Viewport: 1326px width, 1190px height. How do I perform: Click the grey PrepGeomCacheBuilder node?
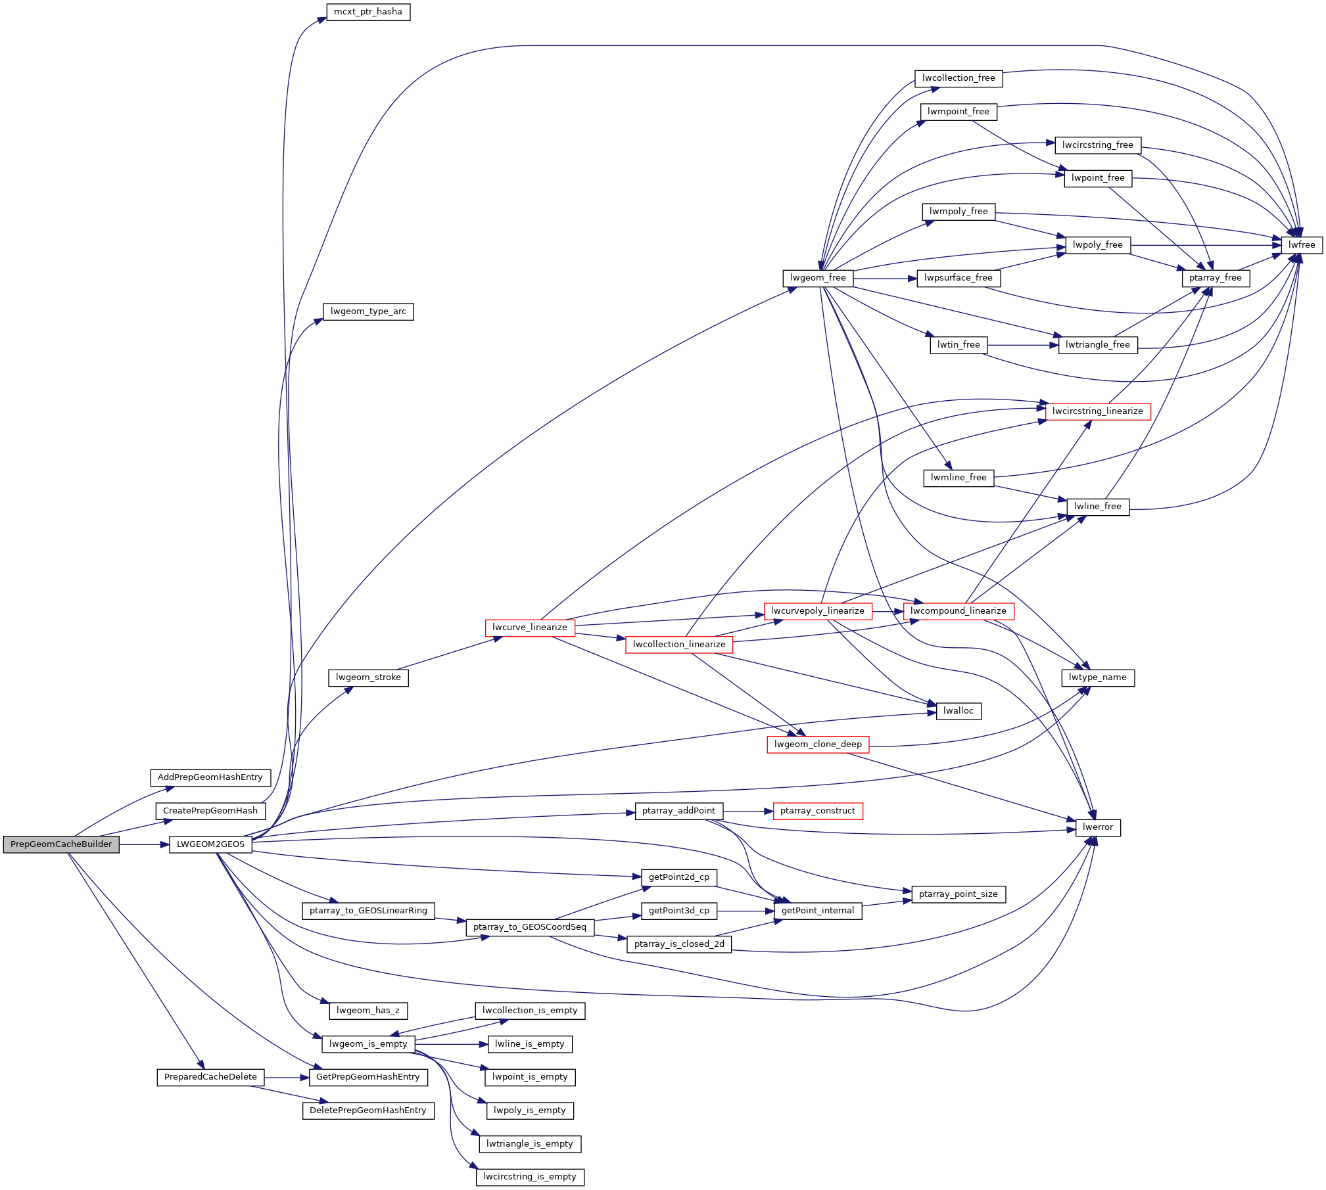pos(61,844)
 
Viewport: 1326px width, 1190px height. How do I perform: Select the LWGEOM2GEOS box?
pos(210,844)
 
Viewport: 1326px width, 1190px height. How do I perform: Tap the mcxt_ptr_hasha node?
pos(368,12)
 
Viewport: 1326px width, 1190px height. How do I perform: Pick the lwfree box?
pos(1302,245)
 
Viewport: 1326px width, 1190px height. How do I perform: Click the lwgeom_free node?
pos(818,278)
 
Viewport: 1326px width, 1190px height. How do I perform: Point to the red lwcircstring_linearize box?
pos(1097,411)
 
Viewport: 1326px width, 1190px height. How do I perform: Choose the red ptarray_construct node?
pos(817,811)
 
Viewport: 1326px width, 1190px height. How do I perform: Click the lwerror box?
pos(1098,827)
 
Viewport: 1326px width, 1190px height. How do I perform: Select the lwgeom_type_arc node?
pos(368,311)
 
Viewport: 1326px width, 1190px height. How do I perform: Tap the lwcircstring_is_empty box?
pos(529,1176)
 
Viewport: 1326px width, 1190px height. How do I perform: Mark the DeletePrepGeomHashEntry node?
pos(368,1110)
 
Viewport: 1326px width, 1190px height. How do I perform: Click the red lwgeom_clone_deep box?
pos(818,744)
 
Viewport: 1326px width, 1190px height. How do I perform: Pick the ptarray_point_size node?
pos(958,894)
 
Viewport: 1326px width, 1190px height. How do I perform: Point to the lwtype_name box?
pos(1097,677)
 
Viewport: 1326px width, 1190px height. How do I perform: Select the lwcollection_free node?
pos(959,78)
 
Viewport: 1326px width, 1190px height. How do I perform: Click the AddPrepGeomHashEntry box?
pos(210,777)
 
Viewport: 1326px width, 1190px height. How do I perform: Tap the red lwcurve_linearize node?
pos(529,628)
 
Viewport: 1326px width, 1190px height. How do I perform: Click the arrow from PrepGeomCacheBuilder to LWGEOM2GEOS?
pos(144,844)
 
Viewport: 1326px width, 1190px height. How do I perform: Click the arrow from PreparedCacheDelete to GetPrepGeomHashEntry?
pos(286,1078)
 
